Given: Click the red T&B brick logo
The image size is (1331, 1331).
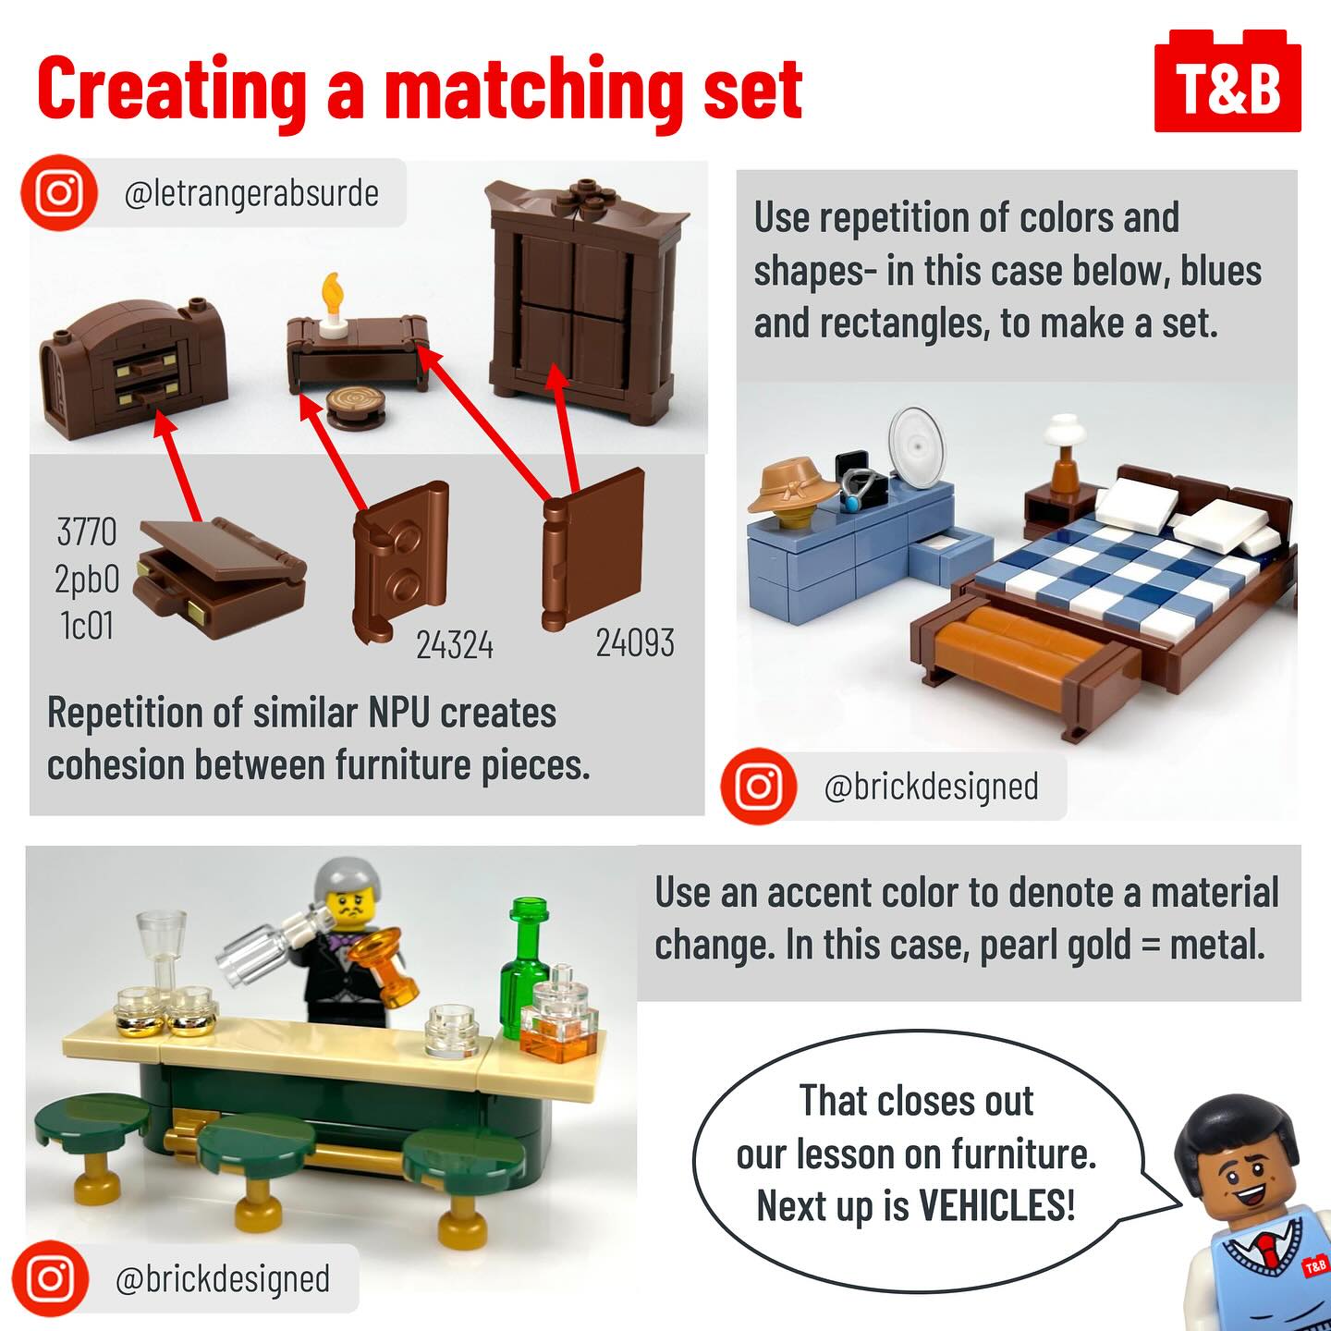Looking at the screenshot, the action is (1227, 80).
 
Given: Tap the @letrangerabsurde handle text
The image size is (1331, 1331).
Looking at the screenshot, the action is (251, 193).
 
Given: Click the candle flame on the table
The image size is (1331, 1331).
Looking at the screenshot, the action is (333, 291).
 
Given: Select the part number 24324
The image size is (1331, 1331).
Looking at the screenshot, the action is (455, 645).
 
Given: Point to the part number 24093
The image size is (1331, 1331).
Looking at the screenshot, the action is (635, 643).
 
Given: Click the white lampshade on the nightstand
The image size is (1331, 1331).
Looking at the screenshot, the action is (1065, 430).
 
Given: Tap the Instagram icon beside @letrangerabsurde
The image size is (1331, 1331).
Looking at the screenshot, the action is (59, 192).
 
